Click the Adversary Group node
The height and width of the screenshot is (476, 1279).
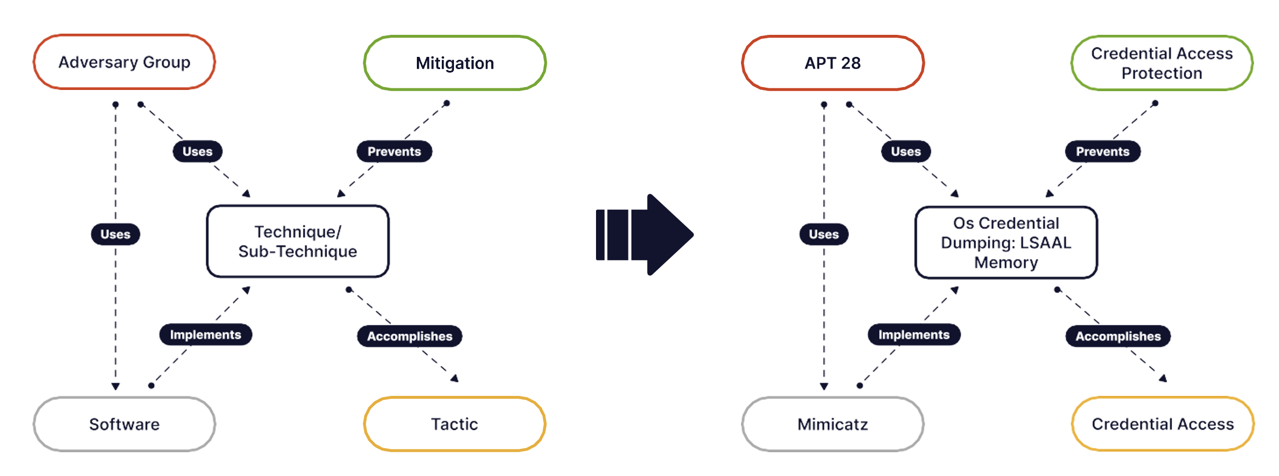(x=124, y=62)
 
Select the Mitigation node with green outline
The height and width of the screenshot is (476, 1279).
(x=455, y=63)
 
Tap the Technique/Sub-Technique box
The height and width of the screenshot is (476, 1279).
(x=297, y=241)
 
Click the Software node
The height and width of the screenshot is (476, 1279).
(x=124, y=424)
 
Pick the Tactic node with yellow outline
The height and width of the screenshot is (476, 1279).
(x=455, y=424)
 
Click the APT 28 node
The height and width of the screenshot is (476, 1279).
(x=833, y=63)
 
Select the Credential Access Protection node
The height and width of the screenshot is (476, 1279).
(x=1162, y=63)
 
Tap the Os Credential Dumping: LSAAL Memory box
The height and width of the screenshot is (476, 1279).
(x=1006, y=243)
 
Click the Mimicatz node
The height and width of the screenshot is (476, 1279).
(x=833, y=424)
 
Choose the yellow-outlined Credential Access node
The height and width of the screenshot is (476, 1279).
(x=1162, y=424)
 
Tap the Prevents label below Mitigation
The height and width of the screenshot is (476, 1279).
(x=394, y=152)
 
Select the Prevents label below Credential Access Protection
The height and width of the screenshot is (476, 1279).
(x=1103, y=152)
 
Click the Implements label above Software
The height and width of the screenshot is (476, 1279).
(x=205, y=335)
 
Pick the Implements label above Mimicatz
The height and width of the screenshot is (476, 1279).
(x=914, y=335)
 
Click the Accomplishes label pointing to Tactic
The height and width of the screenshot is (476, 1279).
(x=409, y=337)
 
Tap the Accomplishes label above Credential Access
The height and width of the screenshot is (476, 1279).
(x=1118, y=337)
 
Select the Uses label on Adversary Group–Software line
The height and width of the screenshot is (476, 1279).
(x=115, y=235)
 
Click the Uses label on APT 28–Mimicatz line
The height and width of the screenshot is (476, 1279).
(x=824, y=235)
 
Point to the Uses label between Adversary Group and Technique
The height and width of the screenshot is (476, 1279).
(x=197, y=152)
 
